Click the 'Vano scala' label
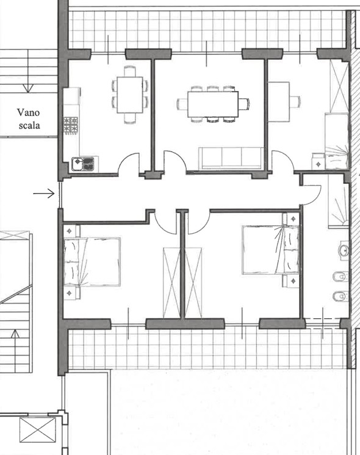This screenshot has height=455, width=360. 29,118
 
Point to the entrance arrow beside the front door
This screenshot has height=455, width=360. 44,193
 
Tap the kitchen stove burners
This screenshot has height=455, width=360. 71,125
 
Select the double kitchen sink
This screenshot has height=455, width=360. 83,164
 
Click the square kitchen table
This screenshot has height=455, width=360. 129,95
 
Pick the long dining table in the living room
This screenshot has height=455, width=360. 213,104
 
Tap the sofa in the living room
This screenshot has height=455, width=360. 231,158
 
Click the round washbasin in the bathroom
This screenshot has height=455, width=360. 344,250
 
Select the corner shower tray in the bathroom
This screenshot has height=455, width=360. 338,206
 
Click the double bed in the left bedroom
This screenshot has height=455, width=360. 92,262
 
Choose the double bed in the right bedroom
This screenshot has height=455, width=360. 270,250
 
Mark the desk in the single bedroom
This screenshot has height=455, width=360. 279,101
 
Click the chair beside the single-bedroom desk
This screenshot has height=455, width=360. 295,101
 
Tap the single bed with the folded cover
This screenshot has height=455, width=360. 337,141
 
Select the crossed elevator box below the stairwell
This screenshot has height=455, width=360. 38,430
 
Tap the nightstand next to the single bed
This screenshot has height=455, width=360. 319,164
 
